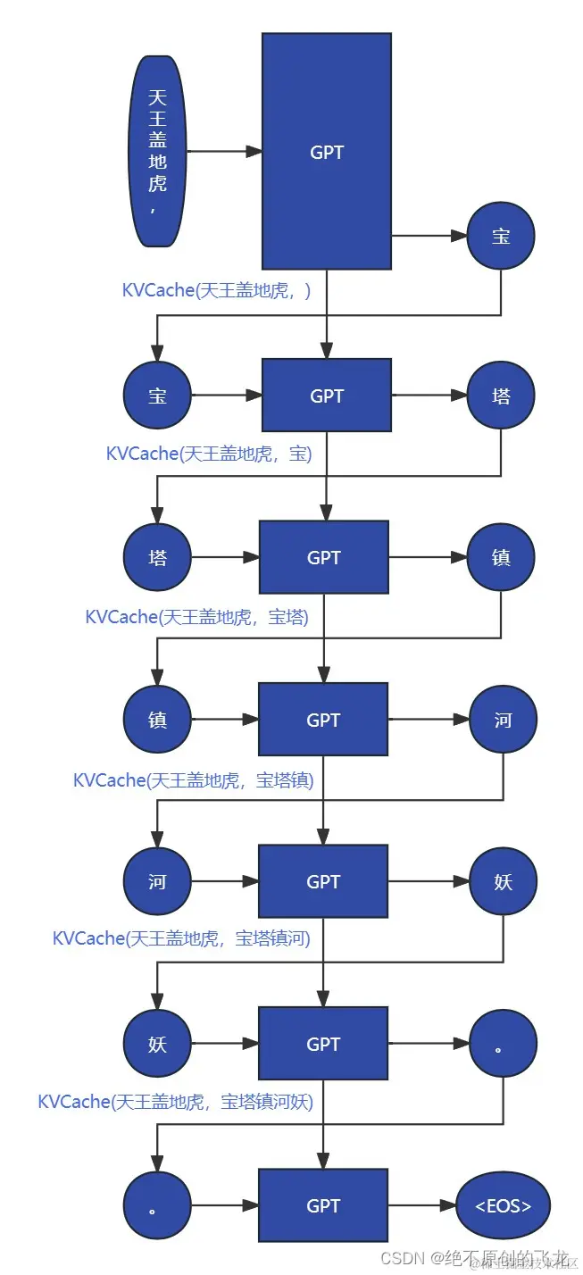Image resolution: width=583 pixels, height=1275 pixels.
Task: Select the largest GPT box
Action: click(x=326, y=151)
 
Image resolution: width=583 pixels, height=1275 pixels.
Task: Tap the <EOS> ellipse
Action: click(x=503, y=1206)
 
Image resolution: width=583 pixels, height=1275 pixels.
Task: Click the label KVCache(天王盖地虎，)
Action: click(x=216, y=290)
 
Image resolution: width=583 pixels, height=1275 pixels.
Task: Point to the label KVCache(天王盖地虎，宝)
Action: click(x=208, y=454)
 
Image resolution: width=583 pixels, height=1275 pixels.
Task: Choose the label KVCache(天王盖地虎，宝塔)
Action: click(x=196, y=617)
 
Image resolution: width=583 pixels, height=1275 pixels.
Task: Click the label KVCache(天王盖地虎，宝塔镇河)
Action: click(x=181, y=938)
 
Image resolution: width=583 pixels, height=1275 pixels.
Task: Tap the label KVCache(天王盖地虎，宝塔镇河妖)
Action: click(x=175, y=1102)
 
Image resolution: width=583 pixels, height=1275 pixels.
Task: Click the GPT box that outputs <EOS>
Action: click(x=323, y=1206)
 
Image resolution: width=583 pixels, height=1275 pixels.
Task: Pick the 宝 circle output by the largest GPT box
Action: click(x=501, y=236)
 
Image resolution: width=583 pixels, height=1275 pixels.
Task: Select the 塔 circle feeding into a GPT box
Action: click(x=157, y=558)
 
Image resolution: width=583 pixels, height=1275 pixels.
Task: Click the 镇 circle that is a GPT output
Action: click(x=501, y=558)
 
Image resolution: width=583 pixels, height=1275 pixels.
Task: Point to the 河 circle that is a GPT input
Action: click(x=157, y=882)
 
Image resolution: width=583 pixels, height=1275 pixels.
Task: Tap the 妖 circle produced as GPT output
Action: click(x=503, y=882)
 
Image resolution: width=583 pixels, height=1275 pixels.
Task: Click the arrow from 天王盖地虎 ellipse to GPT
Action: click(x=224, y=152)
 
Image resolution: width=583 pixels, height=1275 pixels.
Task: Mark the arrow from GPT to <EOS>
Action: click(x=421, y=1206)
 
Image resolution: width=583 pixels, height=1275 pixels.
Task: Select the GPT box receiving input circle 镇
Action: click(x=323, y=720)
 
